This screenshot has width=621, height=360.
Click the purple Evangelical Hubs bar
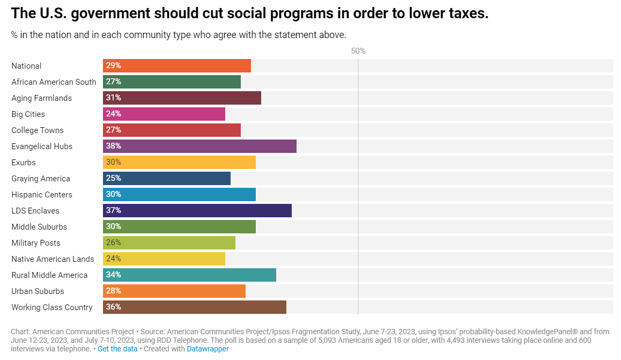point(199,146)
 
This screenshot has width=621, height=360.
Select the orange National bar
point(177,65)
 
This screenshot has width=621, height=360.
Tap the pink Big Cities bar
point(164,114)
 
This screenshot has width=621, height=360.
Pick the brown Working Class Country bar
point(195,307)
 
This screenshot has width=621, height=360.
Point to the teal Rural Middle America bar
point(189,275)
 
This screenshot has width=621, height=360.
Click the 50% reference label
point(358,51)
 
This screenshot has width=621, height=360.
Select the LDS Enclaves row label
point(35,210)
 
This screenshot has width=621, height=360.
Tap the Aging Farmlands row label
point(41,98)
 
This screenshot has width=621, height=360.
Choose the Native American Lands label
point(53,259)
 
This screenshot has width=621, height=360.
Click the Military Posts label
point(36,243)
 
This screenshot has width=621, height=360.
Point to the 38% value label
point(114,146)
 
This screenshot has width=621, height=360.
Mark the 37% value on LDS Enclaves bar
point(114,210)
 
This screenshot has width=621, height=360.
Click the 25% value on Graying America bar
point(114,178)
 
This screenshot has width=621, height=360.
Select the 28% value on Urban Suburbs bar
point(114,291)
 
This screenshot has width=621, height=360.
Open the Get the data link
point(117,349)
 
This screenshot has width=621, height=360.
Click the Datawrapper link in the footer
point(208,349)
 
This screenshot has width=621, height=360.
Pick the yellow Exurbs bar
point(179,162)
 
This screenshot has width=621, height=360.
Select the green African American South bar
point(172,82)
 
